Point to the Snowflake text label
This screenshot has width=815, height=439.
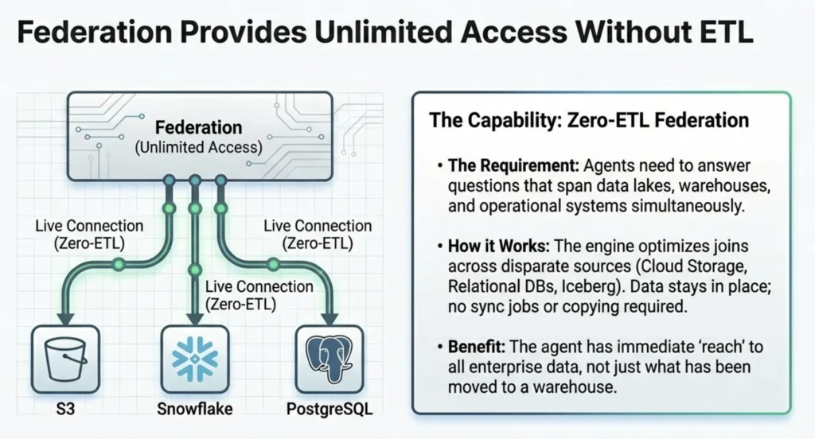click(194, 412)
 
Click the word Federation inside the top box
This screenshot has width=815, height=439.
click(198, 127)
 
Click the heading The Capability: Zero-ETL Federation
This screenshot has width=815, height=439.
click(589, 121)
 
